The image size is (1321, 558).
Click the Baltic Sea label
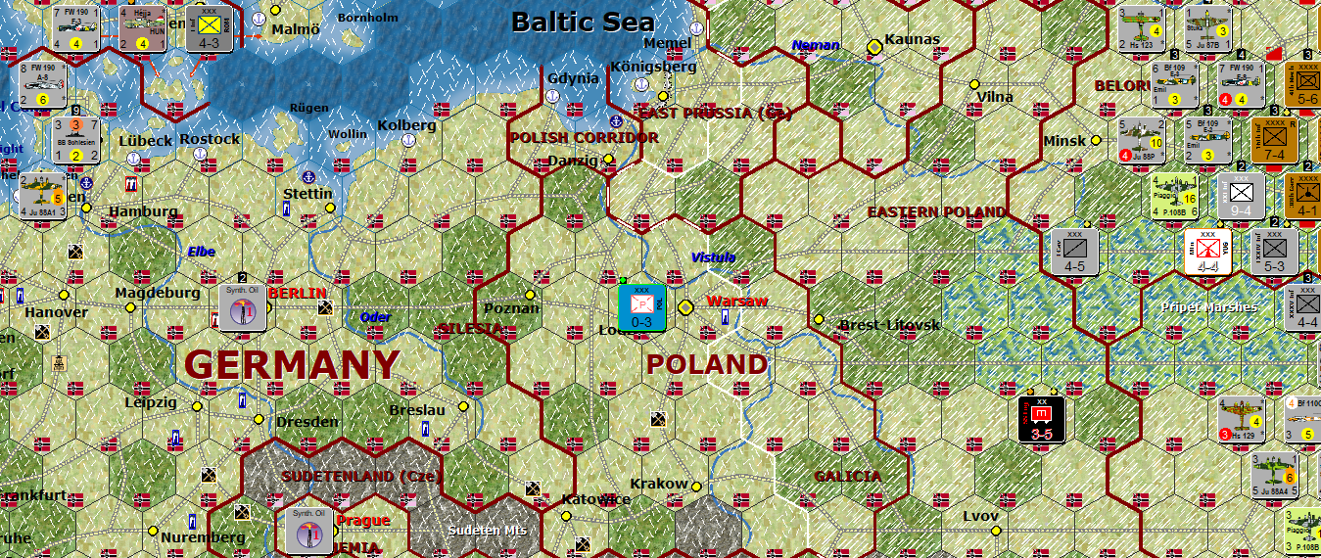click(583, 21)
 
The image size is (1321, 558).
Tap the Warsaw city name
click(736, 301)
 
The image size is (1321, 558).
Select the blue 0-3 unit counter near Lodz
click(642, 306)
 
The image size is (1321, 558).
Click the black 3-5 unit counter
click(1041, 419)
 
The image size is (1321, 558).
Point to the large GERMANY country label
click(292, 365)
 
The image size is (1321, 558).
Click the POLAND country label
click(707, 364)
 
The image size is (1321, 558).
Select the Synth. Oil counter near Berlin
click(241, 307)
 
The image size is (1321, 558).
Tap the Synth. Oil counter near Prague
click(309, 530)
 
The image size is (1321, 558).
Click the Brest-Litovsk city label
click(890, 324)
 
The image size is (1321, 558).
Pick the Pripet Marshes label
click(1208, 307)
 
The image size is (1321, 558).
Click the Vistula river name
click(713, 257)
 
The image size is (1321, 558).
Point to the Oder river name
click(375, 317)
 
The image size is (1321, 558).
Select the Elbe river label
click(202, 252)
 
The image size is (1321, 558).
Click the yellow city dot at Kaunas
click(874, 46)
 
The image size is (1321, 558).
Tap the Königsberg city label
click(653, 67)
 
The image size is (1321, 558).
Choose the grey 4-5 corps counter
click(1074, 251)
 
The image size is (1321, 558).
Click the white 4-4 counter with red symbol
click(1207, 251)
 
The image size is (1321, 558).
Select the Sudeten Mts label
click(487, 530)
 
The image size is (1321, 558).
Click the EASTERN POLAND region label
click(935, 211)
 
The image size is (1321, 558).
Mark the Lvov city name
click(980, 516)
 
